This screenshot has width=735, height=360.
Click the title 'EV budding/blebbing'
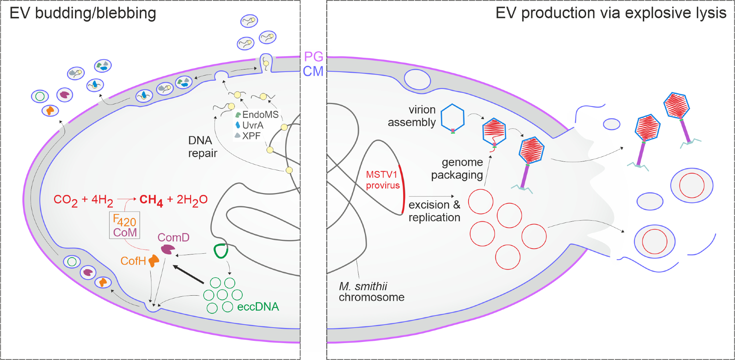point(83,13)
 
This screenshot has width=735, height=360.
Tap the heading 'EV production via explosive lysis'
point(610,13)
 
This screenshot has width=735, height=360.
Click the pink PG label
point(313,57)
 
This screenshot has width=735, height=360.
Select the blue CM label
point(313,71)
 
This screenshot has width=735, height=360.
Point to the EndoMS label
point(260,115)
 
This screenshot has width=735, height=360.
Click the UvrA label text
point(253,125)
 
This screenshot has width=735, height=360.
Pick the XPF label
point(251,136)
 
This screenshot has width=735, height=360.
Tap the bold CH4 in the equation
point(151,200)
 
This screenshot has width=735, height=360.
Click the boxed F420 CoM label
point(125,225)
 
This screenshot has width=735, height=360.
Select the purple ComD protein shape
point(168,250)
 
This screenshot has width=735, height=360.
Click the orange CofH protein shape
point(154,261)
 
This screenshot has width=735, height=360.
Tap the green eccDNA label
point(258,307)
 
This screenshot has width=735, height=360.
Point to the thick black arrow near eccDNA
point(188,274)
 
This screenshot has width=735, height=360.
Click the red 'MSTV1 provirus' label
point(382,180)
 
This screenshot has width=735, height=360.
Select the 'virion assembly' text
point(412,116)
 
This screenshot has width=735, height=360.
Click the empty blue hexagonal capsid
point(452,118)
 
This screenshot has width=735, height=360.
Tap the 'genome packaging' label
point(457,168)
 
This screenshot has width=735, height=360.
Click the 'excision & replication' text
point(434,211)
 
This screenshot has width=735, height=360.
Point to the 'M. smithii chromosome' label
point(371,292)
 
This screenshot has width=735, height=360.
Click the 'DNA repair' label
point(202,147)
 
